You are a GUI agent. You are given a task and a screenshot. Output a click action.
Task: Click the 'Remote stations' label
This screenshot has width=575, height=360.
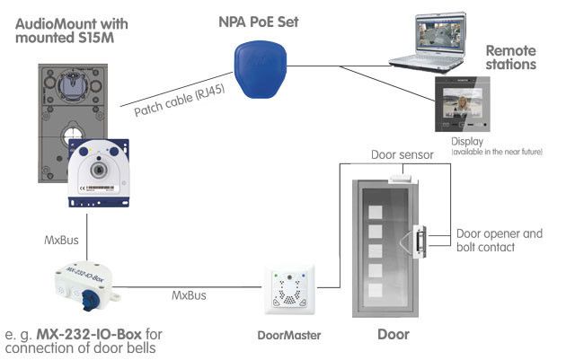click(x=510, y=58)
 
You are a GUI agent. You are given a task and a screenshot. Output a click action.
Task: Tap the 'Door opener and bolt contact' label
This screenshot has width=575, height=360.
click(x=500, y=241)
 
